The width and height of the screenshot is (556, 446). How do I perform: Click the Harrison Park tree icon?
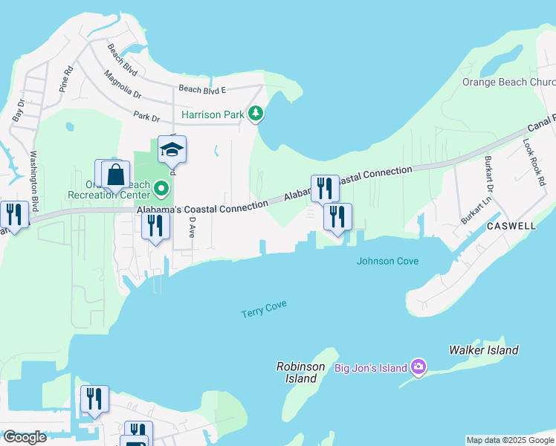pos(256,114)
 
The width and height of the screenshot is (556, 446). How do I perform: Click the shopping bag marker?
pos(115,176)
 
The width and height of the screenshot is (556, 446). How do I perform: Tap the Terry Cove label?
pos(264,310)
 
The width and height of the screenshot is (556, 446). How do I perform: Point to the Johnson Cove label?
pos(387,261)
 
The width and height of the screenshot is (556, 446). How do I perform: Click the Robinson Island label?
pos(300,372)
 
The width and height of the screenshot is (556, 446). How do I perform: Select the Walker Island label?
pos(484,350)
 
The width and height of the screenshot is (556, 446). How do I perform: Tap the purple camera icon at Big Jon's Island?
pos(418,367)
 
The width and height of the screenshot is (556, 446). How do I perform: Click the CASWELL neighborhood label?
pos(512,224)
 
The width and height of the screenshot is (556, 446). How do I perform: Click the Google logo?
pos(25,437)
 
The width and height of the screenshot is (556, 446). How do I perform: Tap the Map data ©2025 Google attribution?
pos(509,440)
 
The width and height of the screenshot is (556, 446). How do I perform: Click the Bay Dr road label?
pos(19,111)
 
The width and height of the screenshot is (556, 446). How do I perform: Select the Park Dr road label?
pos(146,117)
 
